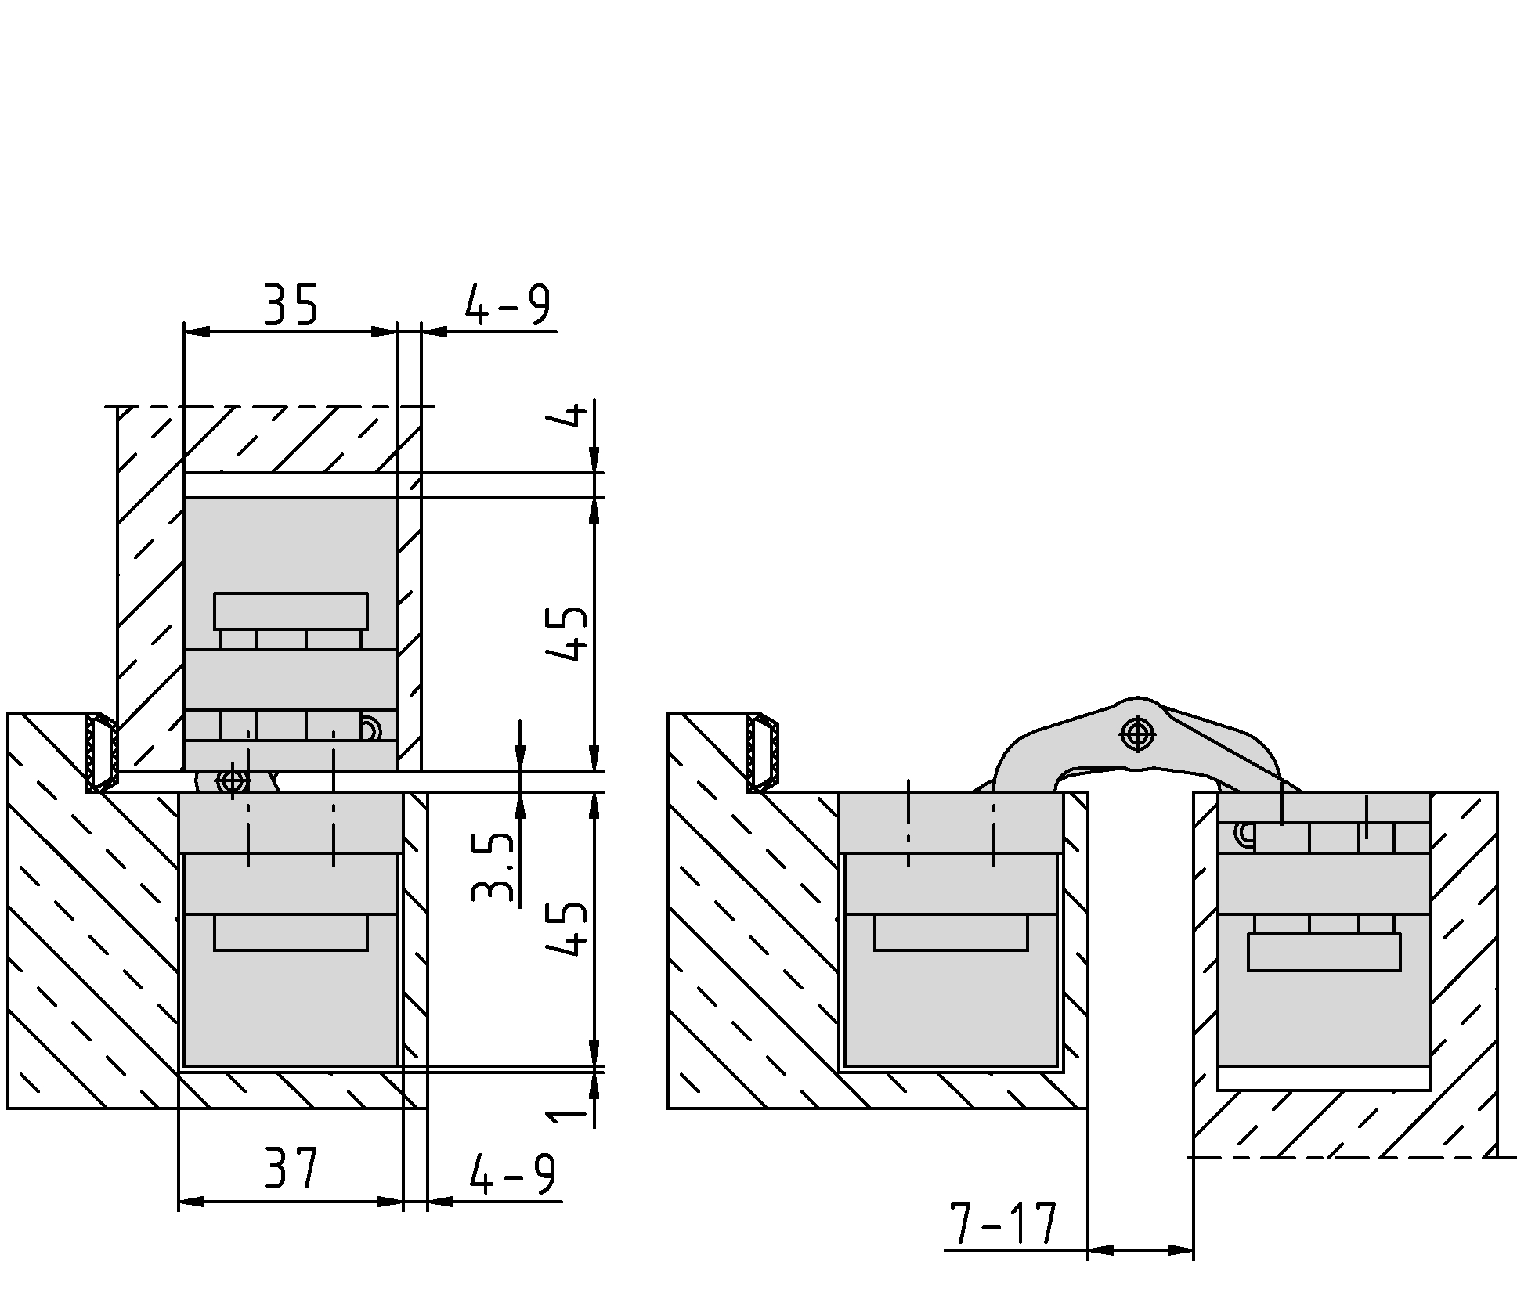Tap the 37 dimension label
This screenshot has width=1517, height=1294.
[291, 1169]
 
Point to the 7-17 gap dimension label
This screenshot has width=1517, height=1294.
[1002, 1224]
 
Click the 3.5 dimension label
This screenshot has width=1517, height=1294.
[493, 867]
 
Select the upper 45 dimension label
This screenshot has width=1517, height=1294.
[565, 634]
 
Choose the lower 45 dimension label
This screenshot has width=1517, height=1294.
[565, 928]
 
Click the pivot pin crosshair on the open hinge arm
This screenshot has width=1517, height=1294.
[1137, 734]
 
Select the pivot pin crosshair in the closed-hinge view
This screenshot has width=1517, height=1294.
[232, 781]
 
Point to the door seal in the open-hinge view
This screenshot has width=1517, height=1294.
[762, 752]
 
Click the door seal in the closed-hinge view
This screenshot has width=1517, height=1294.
[102, 752]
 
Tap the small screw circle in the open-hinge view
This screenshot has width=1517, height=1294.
[1244, 835]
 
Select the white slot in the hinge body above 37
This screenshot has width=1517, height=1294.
[291, 932]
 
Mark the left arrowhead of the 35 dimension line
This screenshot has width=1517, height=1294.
[197, 332]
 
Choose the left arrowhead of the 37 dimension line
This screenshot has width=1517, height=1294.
[192, 1202]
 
